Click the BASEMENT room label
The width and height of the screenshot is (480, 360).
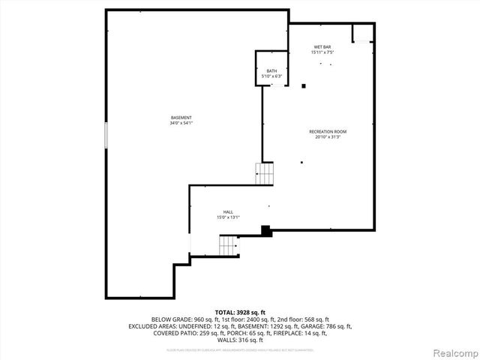pyautogui.click(x=181, y=118)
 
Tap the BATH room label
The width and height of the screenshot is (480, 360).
pyautogui.click(x=271, y=71)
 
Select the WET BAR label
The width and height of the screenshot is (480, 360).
pyautogui.click(x=322, y=46)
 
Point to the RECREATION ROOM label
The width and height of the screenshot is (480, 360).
pyautogui.click(x=328, y=132)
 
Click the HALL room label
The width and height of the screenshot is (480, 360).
pyautogui.click(x=227, y=212)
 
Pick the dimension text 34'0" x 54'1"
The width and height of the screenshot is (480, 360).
pyautogui.click(x=181, y=123)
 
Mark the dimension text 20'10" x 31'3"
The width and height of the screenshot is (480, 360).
pyautogui.click(x=328, y=137)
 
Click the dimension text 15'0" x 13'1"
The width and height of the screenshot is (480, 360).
pyautogui.click(x=227, y=217)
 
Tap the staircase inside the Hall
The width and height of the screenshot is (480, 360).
pyautogui.click(x=227, y=244)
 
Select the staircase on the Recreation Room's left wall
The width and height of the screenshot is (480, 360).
pyautogui.click(x=265, y=174)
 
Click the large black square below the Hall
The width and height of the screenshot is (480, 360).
pyautogui.click(x=265, y=231)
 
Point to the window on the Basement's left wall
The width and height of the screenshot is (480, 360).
pyautogui.click(x=106, y=135)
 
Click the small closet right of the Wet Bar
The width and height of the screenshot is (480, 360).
pyautogui.click(x=363, y=33)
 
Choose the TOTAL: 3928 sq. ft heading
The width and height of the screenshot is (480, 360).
pyautogui.click(x=240, y=312)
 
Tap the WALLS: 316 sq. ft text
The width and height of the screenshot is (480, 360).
pyautogui.click(x=240, y=340)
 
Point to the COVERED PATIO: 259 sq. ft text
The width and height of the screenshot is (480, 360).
pyautogui.click(x=175, y=334)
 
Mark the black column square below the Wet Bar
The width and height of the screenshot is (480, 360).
pyautogui.click(x=304, y=86)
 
